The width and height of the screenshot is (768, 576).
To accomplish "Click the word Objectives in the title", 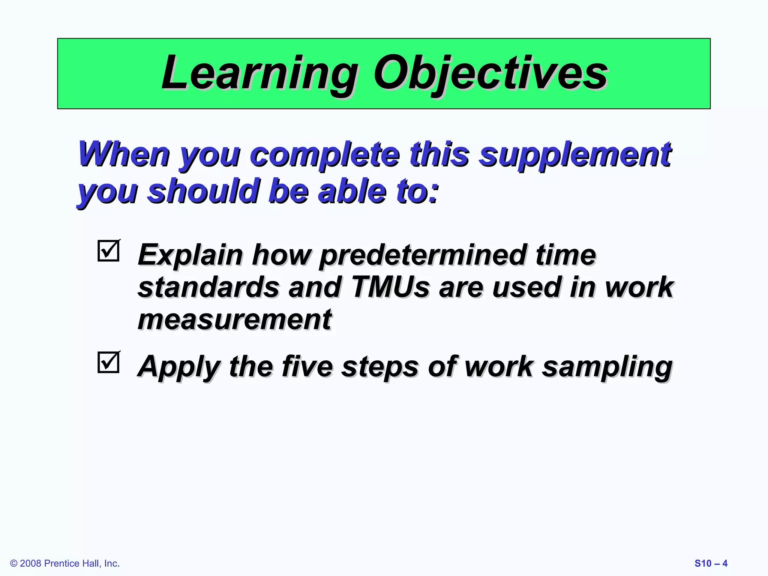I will pos(490,73).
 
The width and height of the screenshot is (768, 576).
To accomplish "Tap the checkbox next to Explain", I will pos(109,250).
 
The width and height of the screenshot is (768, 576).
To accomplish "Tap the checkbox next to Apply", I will pos(109,362).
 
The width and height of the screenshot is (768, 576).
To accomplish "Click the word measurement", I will pos(235,319).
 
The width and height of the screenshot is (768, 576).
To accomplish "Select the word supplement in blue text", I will pos(575,155).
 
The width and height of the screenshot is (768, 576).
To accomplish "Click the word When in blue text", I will pos(124,154).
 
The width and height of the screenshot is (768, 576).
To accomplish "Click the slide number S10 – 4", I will pos(711,563).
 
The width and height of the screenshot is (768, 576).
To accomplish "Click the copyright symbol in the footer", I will pos(14,564).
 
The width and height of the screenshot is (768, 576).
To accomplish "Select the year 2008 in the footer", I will pos(31,564).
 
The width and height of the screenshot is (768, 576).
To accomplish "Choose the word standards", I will pos(208,287).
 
